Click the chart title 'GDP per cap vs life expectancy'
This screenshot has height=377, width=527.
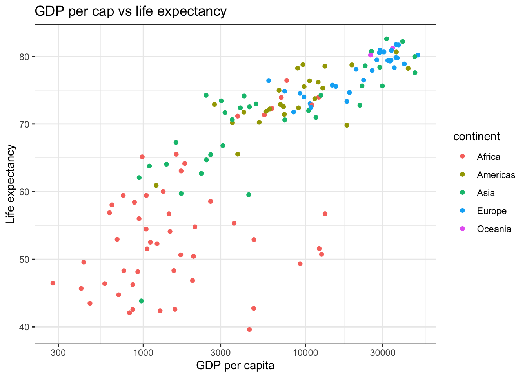coord(131,11)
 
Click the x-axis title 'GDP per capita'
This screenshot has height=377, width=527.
coord(235,366)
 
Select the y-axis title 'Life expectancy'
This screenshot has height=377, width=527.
coord(11,184)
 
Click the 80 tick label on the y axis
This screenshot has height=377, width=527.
coord(25,57)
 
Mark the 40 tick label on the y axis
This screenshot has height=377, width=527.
coord(25,327)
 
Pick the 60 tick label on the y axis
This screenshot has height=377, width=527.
coord(25,192)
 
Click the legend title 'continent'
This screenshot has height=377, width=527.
coord(476,136)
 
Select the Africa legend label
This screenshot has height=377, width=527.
coord(489,157)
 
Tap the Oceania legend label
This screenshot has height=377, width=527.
coord(494,229)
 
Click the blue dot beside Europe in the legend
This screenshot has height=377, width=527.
coord(462,211)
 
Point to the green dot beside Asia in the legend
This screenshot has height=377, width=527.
coord(462,193)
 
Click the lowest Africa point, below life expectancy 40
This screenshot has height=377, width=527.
coord(249,329)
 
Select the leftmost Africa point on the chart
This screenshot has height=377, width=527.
coord(53,283)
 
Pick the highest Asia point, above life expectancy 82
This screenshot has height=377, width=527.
coord(387,39)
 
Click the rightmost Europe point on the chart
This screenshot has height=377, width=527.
coord(418,55)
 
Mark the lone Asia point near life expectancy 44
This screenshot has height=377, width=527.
coord(142,301)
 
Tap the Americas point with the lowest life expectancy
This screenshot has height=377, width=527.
coord(156,185)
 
